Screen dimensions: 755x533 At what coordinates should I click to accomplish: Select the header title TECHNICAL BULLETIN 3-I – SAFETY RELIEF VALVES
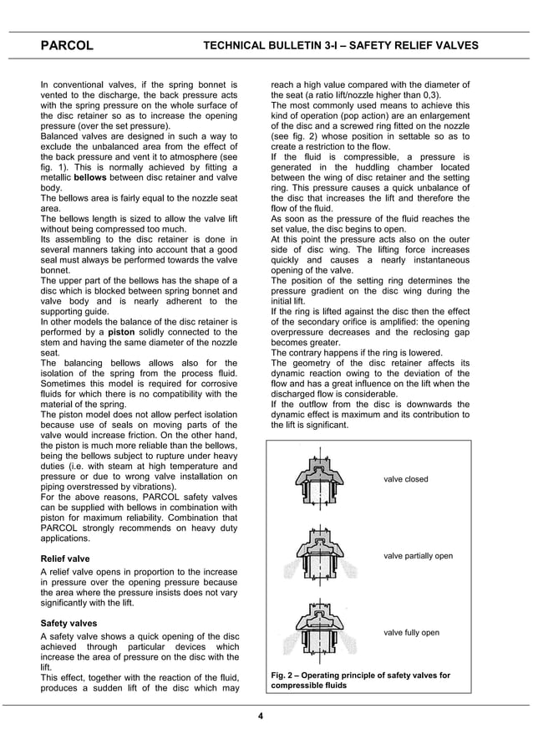(341, 45)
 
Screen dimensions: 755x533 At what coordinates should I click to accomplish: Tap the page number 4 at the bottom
(261, 716)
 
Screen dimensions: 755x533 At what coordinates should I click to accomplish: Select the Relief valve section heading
(65, 558)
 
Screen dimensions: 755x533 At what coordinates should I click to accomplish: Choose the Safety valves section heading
(69, 623)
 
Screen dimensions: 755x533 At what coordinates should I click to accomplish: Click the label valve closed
(405, 479)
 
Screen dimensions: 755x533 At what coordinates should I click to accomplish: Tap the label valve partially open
(418, 556)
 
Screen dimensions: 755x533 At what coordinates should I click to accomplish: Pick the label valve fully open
(411, 632)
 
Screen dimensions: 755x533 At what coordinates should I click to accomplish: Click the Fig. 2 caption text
(361, 680)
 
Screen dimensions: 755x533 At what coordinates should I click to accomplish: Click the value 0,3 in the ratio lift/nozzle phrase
(429, 95)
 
